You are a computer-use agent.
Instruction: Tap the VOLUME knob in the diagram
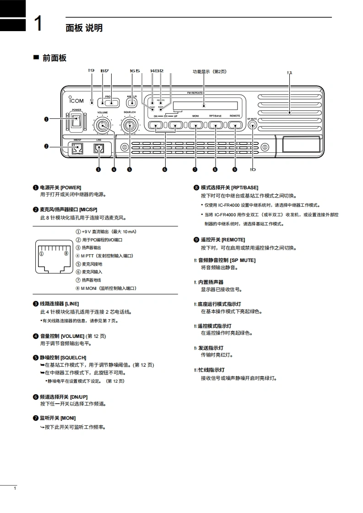102,125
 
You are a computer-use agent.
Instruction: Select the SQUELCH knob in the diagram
129,125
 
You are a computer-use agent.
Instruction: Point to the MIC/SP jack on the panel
76,148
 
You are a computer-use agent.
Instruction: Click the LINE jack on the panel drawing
99,148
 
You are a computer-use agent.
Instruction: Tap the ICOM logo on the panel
76,101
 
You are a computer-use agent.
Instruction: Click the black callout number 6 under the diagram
164,170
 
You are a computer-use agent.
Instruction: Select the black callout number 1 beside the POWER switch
46,119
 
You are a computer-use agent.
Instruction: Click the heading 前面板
54,58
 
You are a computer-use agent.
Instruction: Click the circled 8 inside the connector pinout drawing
66,253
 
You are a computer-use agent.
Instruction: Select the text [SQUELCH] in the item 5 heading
73,358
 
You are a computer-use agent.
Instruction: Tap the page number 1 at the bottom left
15,489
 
